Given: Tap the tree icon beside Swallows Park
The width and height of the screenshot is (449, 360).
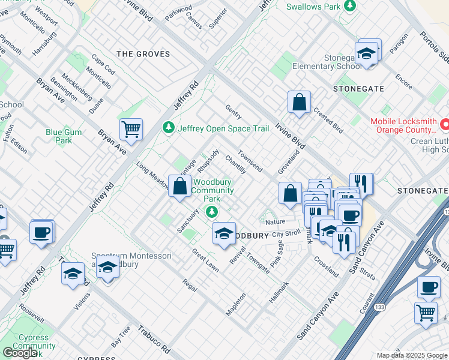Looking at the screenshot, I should point(349,7).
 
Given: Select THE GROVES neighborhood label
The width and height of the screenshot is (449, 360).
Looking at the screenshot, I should point(143,54).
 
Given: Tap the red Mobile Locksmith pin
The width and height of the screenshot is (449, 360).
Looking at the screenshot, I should point(445,125).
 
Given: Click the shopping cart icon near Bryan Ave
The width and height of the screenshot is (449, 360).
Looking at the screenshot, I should point(131,128).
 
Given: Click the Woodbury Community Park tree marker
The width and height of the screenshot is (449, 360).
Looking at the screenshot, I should point(211,211).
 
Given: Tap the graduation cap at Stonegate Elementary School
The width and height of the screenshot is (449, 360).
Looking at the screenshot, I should point(366,54).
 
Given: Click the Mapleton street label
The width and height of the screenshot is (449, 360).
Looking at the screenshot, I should point(236,304).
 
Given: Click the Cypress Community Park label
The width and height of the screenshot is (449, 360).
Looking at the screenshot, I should point(34,342).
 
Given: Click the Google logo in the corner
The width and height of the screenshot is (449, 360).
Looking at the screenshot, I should point(20,353).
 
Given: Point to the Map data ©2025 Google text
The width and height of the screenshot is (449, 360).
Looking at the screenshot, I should point(411,355).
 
